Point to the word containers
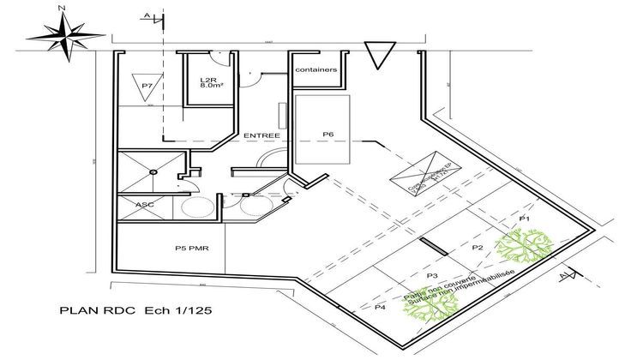click(315, 69)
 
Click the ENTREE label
click(261, 135)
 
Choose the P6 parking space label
click(328, 134)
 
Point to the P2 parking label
click(478, 248)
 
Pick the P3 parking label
click(432, 274)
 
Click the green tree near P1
click(521, 247)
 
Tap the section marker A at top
click(149, 16)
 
